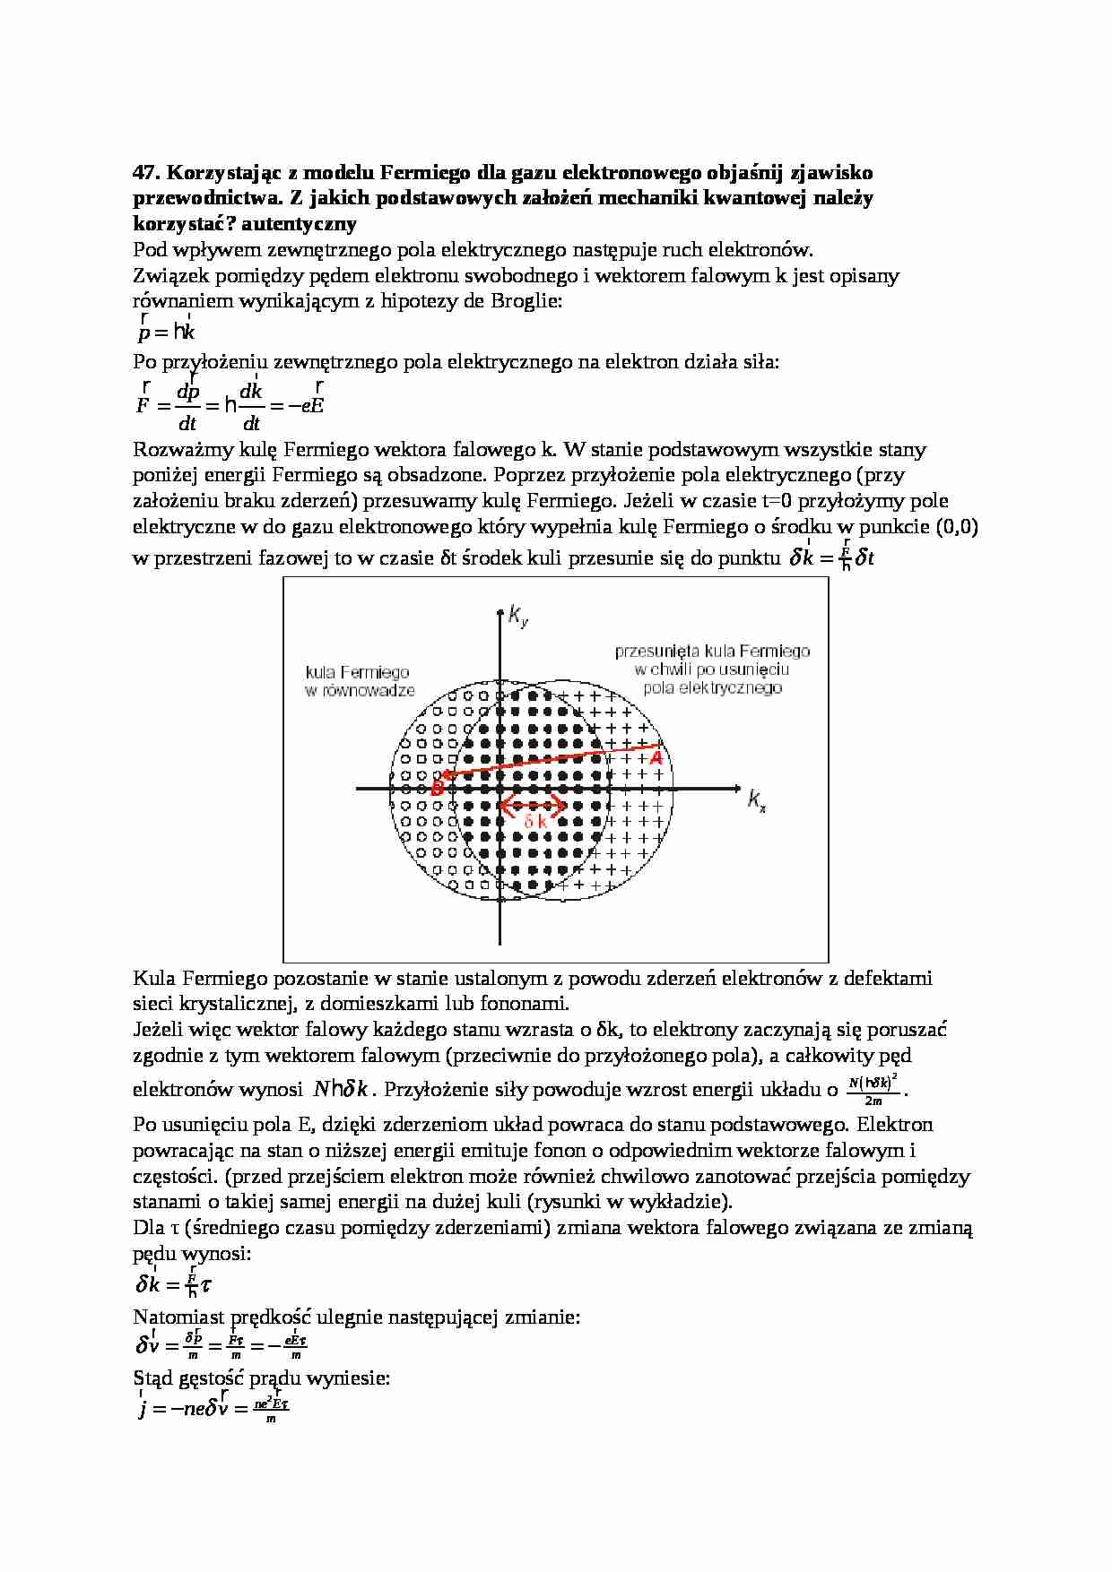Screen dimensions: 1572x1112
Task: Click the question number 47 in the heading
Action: (146, 172)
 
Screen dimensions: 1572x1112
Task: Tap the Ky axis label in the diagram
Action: (517, 616)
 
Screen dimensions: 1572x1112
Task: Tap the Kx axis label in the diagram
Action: (757, 799)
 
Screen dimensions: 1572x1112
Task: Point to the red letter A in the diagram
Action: (656, 758)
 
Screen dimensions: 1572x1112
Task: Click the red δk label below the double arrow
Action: (535, 822)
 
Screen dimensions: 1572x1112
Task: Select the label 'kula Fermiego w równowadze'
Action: (358, 681)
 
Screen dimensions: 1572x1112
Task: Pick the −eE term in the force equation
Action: (306, 404)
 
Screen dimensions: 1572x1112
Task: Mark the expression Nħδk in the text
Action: (342, 1090)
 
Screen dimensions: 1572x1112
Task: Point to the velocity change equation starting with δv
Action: (221, 1346)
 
